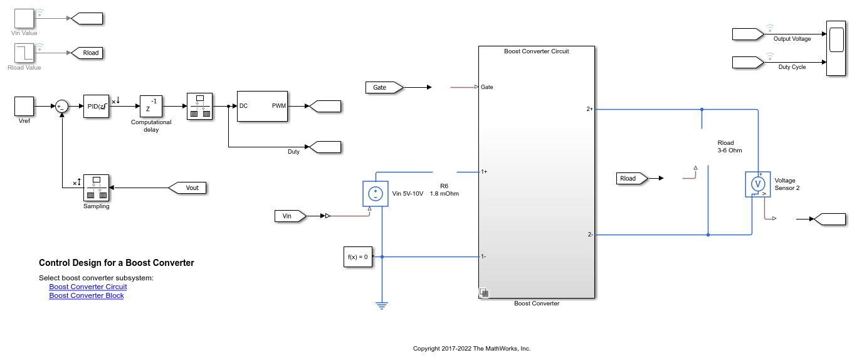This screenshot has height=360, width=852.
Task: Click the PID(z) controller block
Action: [96, 106]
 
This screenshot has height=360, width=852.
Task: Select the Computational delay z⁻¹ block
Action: [151, 106]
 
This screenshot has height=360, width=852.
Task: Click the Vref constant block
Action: [24, 106]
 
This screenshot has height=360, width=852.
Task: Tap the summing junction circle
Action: [61, 107]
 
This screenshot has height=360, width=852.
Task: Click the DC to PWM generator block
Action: [263, 106]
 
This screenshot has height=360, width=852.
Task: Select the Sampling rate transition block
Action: [96, 188]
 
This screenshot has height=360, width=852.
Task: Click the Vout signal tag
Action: [187, 188]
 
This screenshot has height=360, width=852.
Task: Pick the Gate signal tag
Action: [384, 88]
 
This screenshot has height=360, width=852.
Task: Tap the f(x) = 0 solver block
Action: [358, 257]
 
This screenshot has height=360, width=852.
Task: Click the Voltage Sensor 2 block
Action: [758, 184]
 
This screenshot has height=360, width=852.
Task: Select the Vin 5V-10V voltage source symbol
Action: [376, 194]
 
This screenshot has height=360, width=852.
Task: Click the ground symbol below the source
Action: [382, 305]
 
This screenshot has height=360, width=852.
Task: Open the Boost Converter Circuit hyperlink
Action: [88, 287]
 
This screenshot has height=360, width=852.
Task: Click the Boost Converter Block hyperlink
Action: [87, 295]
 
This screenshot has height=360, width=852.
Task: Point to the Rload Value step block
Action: [24, 53]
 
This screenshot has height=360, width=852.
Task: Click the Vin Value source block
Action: [24, 18]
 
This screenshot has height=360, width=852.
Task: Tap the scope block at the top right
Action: [836, 48]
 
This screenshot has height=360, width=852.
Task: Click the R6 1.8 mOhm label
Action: [444, 190]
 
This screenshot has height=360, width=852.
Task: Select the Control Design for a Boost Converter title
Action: [117, 263]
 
